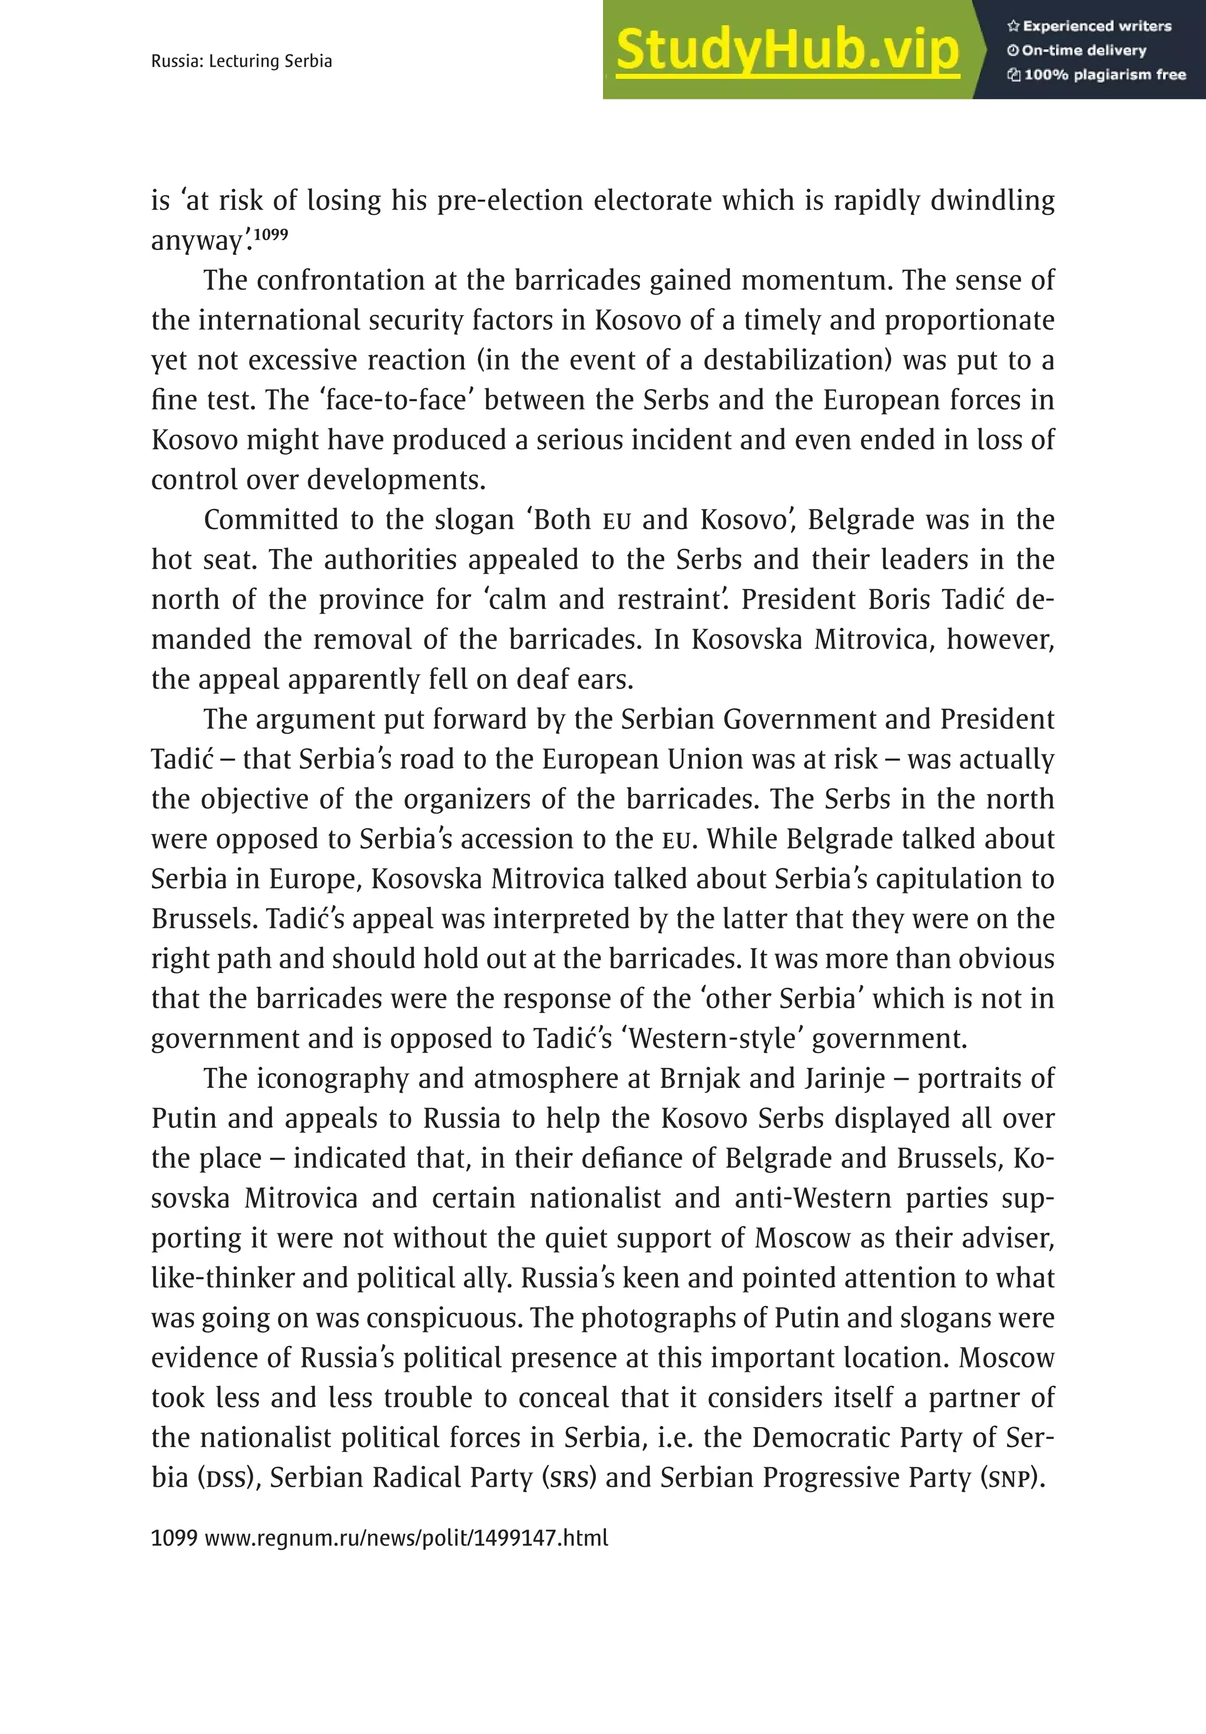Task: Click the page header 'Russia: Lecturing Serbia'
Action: tap(241, 61)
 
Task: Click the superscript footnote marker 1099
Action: tap(270, 234)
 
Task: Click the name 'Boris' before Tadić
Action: tap(899, 600)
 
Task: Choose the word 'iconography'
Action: tap(332, 1078)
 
